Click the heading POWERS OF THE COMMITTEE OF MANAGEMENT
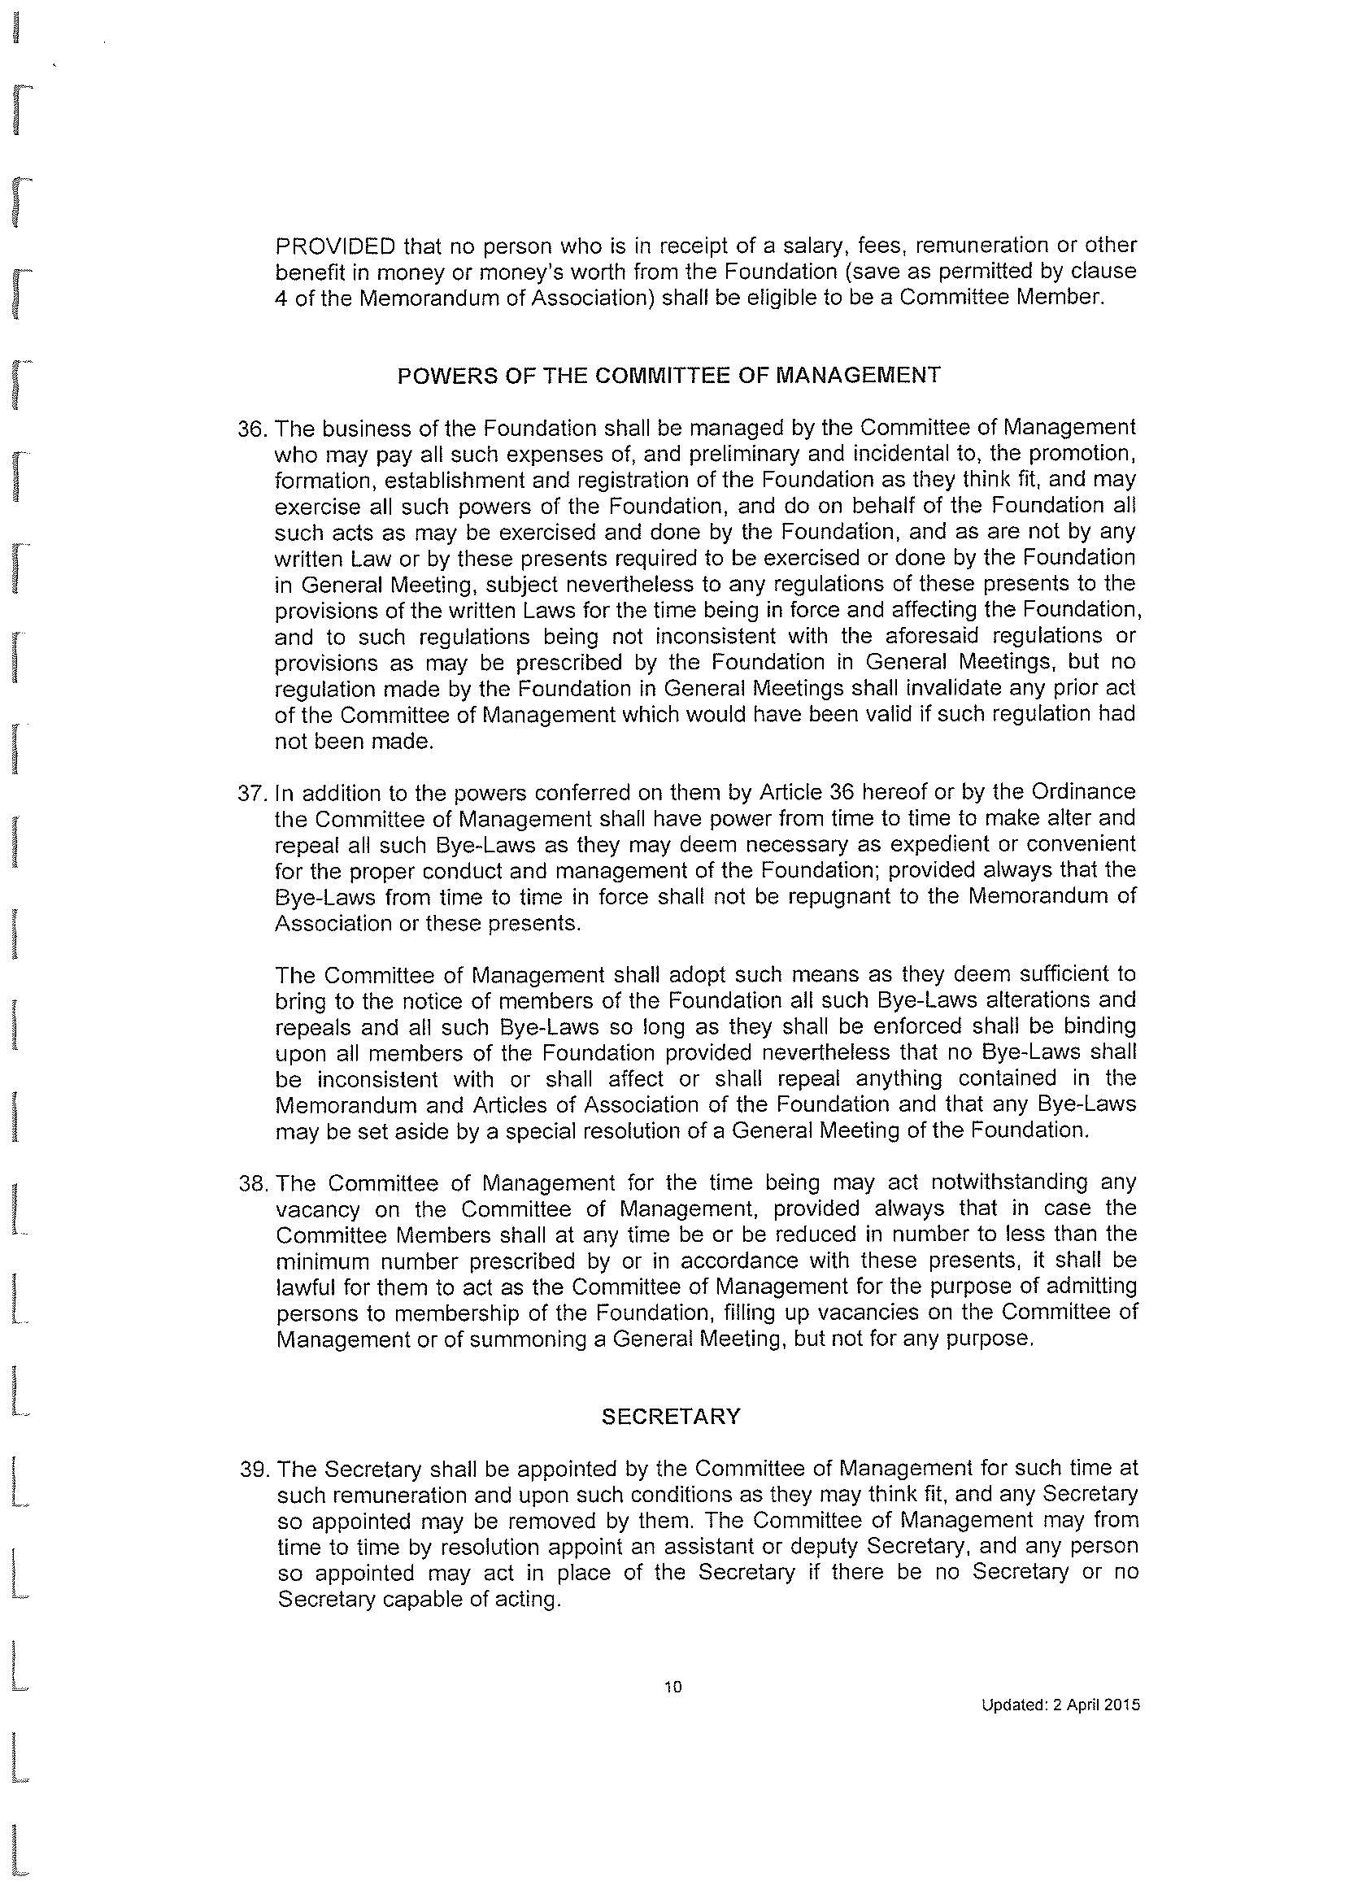pos(668,376)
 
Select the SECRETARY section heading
pos(670,1417)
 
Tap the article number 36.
pos(251,429)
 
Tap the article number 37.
pos(251,792)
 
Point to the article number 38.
pos(252,1182)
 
